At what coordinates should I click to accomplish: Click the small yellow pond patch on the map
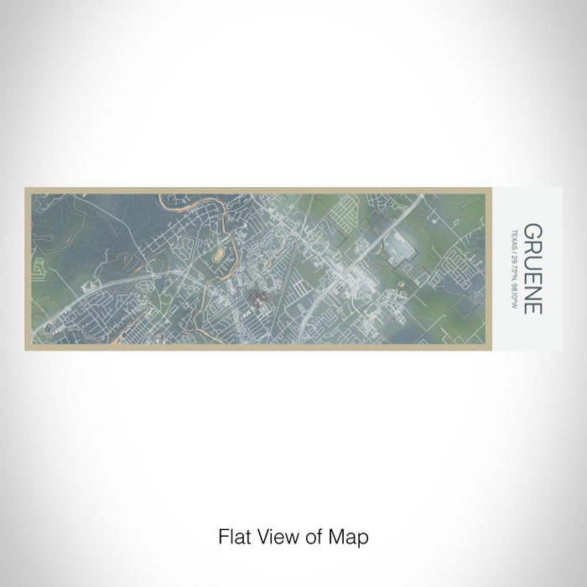coord(221,251)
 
